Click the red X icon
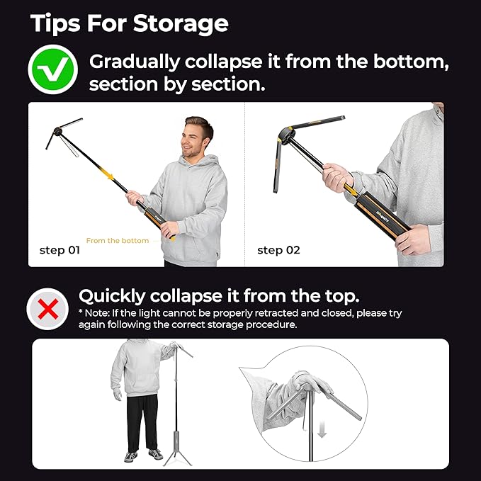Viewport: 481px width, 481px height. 47,309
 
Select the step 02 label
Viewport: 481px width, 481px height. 278,250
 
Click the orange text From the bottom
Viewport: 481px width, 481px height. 118,241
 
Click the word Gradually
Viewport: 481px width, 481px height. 134,62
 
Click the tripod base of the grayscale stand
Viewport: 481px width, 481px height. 177,453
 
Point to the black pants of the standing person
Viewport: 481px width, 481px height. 142,421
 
